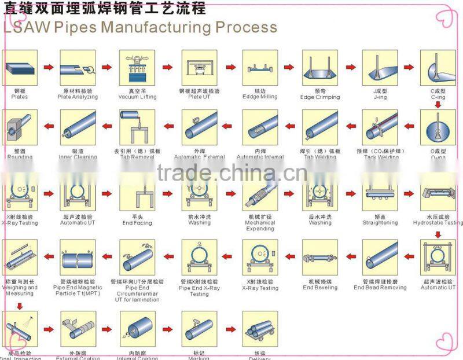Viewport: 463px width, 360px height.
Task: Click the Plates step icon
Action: tap(20, 67)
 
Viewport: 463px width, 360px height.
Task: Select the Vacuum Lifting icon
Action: tap(137, 67)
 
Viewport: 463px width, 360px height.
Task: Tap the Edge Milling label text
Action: tap(260, 97)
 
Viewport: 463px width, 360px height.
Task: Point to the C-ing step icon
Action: tap(438, 67)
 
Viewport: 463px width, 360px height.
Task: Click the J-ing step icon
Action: tap(380, 67)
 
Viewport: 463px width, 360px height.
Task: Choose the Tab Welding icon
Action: tap(319, 127)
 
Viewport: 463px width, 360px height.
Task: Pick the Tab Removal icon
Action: tap(137, 127)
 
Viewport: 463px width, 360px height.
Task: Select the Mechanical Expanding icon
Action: tap(260, 192)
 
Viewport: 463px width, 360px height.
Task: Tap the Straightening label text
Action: tap(380, 222)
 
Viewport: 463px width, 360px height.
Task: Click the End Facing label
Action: tap(137, 222)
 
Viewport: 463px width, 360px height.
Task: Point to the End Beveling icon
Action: tap(319, 258)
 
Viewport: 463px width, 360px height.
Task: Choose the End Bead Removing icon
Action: tap(380, 258)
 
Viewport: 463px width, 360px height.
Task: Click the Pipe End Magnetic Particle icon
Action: tap(78, 258)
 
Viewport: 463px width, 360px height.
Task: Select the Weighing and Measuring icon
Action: tap(20, 258)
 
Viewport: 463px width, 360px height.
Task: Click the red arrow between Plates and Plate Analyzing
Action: tap(49, 68)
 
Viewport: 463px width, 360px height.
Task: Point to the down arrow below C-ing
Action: tap(438, 105)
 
